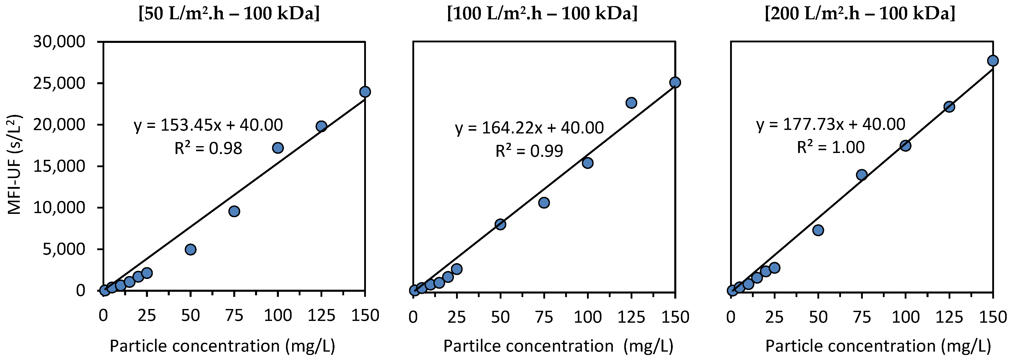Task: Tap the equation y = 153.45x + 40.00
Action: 208,125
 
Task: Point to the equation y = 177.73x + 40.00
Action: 830,124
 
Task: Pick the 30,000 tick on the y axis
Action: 59,42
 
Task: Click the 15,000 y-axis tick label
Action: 59,166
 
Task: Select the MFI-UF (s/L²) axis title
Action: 15,165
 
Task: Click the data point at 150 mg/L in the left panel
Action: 365,92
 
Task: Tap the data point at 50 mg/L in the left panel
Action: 191,249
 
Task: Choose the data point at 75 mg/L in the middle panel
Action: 544,203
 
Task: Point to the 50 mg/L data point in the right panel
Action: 818,230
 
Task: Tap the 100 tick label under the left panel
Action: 278,316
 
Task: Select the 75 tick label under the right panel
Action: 861,317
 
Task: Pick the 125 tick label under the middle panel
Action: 631,317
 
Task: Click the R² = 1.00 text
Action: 830,147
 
